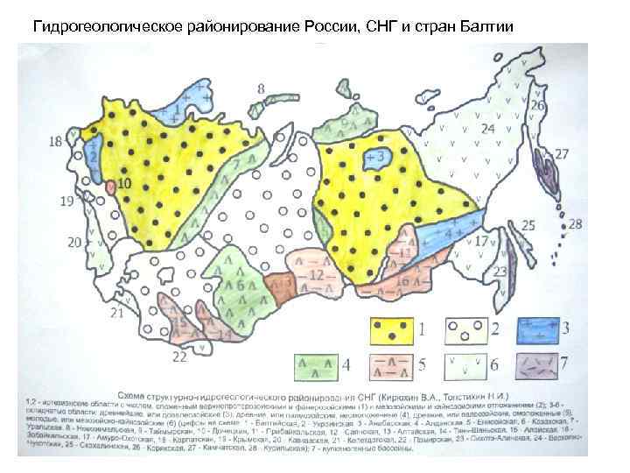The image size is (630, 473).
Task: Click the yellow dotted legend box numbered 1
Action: [395, 330]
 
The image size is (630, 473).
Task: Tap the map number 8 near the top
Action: [262, 88]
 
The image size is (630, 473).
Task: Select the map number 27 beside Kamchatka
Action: [562, 154]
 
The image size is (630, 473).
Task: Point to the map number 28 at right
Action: [574, 224]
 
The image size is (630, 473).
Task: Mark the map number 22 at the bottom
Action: [179, 357]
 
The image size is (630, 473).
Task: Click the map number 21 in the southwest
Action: [117, 313]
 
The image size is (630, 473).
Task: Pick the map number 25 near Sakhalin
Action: [528, 225]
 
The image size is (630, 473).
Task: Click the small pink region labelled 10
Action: [110, 187]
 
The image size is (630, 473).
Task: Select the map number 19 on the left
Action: [66, 202]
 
